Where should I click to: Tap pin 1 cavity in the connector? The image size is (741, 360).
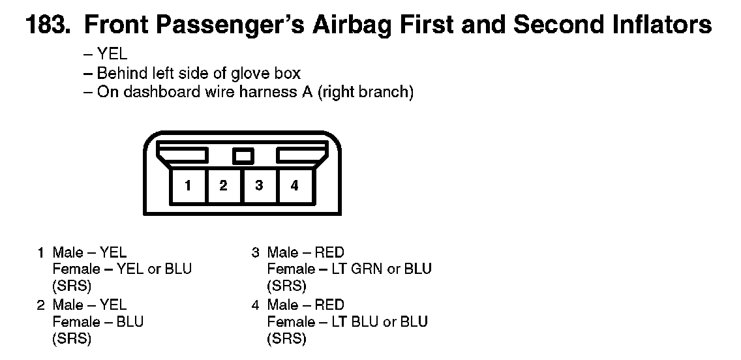point(188,186)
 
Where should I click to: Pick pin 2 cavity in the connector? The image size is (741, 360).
point(224,186)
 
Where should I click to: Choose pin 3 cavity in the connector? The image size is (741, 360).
point(259,186)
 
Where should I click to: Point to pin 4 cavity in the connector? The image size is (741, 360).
point(295,186)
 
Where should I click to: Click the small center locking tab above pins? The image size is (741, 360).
point(243,156)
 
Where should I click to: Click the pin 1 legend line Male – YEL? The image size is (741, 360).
point(89,252)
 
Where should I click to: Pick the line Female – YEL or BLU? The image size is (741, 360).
point(122,269)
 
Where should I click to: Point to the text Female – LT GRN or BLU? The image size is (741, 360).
point(349,269)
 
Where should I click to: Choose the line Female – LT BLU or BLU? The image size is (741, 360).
point(347,322)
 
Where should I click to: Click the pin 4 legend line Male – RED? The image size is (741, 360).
point(305,305)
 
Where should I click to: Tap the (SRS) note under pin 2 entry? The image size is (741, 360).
point(72,338)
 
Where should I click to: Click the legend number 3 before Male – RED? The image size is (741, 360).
point(256,252)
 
